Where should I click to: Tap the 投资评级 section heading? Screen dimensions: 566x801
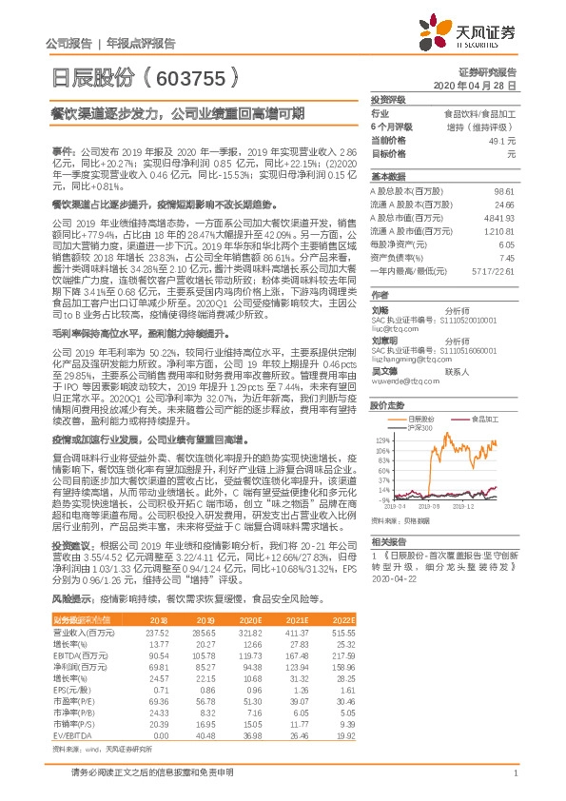[x=387, y=99]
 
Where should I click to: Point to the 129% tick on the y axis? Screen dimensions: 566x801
[x=381, y=440]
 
